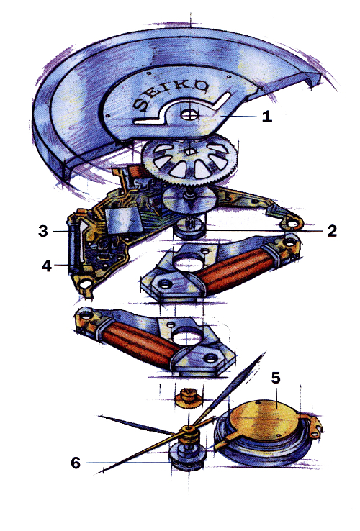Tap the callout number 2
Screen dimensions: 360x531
pyautogui.click(x=332, y=231)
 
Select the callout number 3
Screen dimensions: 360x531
pyautogui.click(x=43, y=231)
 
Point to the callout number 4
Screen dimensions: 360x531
pyautogui.click(x=47, y=265)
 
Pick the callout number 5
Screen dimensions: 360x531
pyautogui.click(x=276, y=378)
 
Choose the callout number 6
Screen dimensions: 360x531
pyautogui.click(x=76, y=463)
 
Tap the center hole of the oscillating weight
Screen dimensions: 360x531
pyautogui.click(x=190, y=114)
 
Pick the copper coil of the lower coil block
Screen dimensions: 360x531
pyautogui.click(x=140, y=344)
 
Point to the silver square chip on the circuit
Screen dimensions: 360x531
pyautogui.click(x=123, y=220)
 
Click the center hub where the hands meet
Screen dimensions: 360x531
pyautogui.click(x=187, y=429)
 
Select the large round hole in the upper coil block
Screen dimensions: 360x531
pyautogui.click(x=189, y=262)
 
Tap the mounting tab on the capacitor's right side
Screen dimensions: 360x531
pyautogui.click(x=312, y=426)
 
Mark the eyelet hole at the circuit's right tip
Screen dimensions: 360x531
pyautogui.click(x=292, y=224)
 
